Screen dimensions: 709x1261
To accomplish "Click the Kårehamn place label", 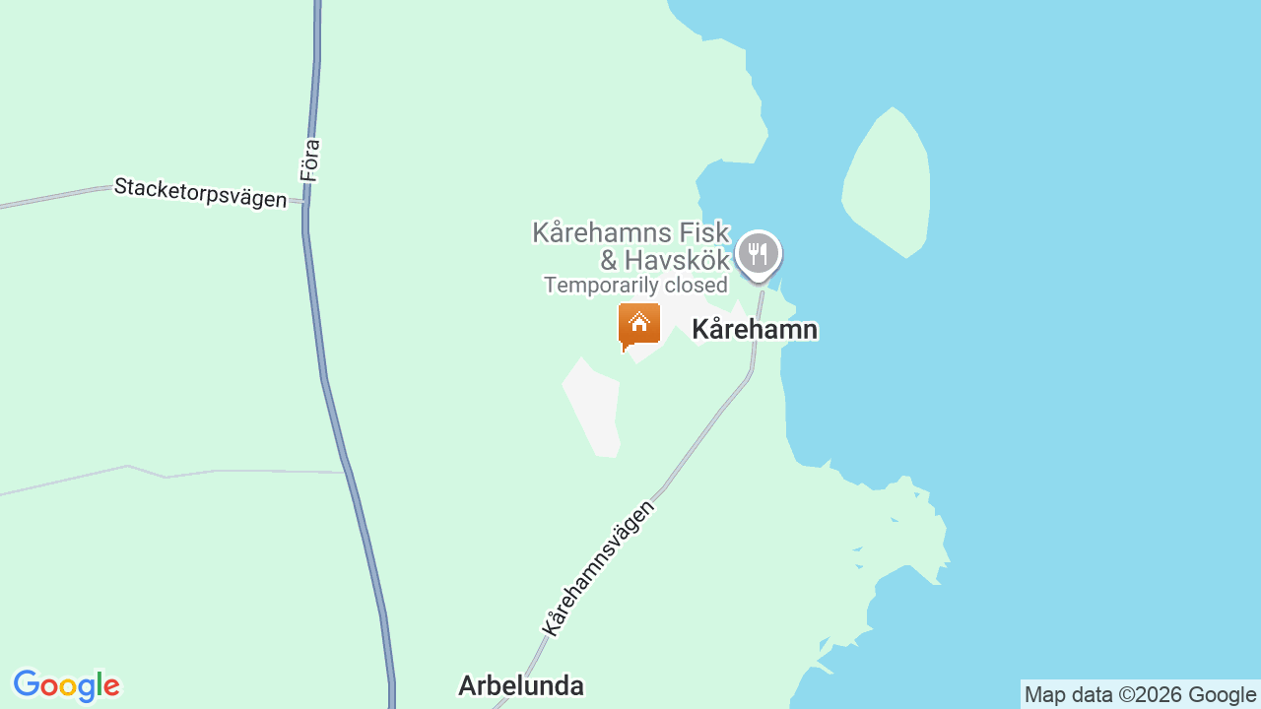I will pos(755,330).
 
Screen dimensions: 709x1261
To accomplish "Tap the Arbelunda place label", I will pos(521,685).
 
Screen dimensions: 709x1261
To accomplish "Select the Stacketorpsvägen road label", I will pos(200,192).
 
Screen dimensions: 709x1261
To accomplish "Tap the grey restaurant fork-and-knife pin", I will pos(758,254).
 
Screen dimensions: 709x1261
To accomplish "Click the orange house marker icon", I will pos(638,325).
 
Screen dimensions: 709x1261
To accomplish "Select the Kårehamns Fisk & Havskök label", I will pos(631,246).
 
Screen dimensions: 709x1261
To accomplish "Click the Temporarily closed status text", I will pos(635,286).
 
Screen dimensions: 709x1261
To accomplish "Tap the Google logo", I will pos(66,685).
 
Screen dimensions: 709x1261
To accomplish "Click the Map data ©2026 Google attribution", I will pos(1140,695).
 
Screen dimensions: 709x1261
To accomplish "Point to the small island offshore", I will pos(887,182).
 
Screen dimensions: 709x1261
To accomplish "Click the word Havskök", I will pos(676,261).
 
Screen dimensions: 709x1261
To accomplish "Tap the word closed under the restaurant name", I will pos(697,286).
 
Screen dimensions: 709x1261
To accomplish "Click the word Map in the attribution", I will pos(1044,695).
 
